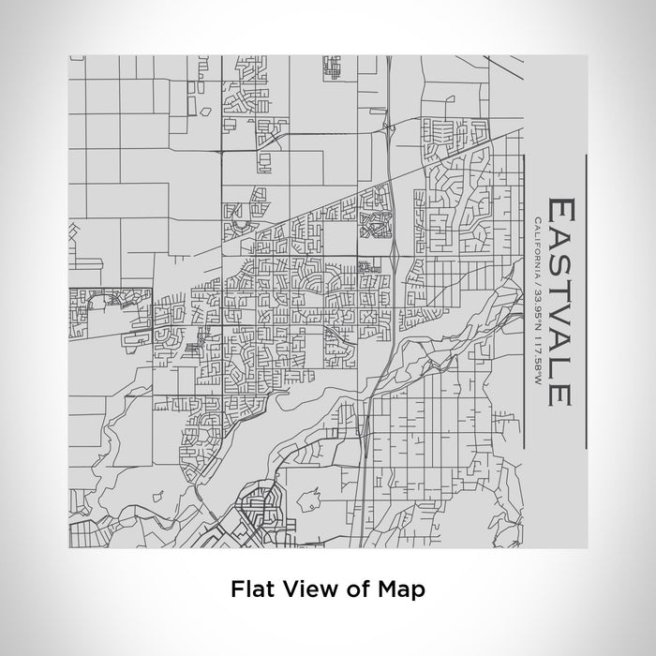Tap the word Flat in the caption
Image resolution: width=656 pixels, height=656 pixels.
(247, 589)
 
